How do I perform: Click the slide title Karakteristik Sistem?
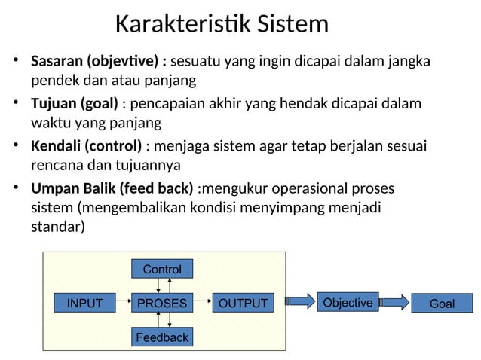(222, 24)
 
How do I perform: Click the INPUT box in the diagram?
(84, 304)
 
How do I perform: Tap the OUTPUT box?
(242, 304)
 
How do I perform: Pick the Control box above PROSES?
(162, 269)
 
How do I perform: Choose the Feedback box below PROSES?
(162, 337)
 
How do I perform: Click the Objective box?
(348, 303)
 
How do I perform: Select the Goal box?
(442, 304)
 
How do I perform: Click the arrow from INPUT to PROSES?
(123, 304)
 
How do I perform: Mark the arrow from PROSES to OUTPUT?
(202, 304)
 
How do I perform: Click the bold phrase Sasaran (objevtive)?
(98, 60)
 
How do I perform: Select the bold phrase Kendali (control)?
(86, 145)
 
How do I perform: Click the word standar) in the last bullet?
(58, 226)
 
